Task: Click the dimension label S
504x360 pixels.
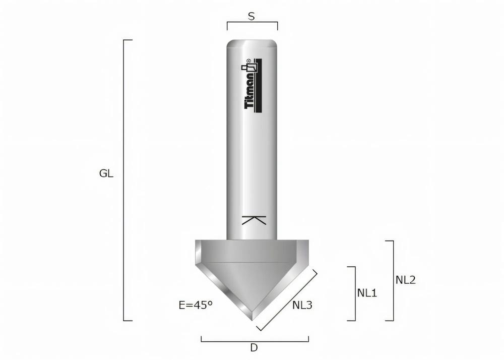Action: pyautogui.click(x=251, y=16)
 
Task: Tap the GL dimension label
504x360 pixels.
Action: pyautogui.click(x=106, y=174)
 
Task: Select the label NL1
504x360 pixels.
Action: pyautogui.click(x=367, y=292)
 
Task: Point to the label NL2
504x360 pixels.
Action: pyautogui.click(x=406, y=280)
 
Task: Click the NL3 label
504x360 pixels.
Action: pyautogui.click(x=302, y=305)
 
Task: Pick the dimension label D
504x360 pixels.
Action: pyautogui.click(x=254, y=347)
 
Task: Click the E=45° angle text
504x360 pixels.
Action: pyautogui.click(x=196, y=305)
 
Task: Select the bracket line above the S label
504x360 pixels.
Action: pyautogui.click(x=252, y=23)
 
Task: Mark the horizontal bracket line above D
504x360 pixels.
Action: pyautogui.click(x=255, y=341)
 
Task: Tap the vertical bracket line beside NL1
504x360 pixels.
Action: pyautogui.click(x=355, y=293)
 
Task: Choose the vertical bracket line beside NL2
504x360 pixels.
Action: pyautogui.click(x=393, y=280)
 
